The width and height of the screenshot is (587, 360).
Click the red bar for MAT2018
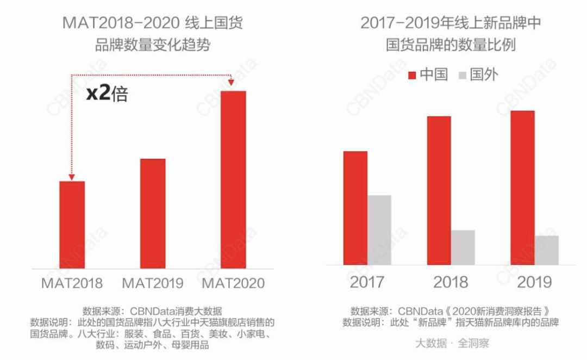[72, 225]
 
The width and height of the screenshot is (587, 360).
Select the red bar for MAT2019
[153, 213]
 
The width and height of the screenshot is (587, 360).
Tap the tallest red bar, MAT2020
[233, 179]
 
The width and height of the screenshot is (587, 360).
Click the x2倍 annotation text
[107, 94]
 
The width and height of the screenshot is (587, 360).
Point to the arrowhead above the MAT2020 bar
[231, 82]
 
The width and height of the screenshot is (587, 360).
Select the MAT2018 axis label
[72, 283]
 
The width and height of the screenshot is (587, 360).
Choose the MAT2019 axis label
[153, 283]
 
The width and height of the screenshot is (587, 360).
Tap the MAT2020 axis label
[233, 283]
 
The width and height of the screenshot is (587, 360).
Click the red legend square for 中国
[411, 75]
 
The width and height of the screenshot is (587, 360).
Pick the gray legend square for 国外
[463, 75]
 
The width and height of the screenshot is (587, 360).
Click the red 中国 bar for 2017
[355, 208]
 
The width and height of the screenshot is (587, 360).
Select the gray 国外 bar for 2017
[379, 230]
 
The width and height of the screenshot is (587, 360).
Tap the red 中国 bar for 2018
[439, 190]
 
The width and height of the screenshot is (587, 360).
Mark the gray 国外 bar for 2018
[463, 247]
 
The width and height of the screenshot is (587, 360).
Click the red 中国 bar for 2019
[522, 188]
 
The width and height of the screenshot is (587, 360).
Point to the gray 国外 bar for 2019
[546, 250]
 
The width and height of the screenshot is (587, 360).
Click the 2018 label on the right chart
[451, 282]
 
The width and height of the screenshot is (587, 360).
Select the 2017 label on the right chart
[367, 282]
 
